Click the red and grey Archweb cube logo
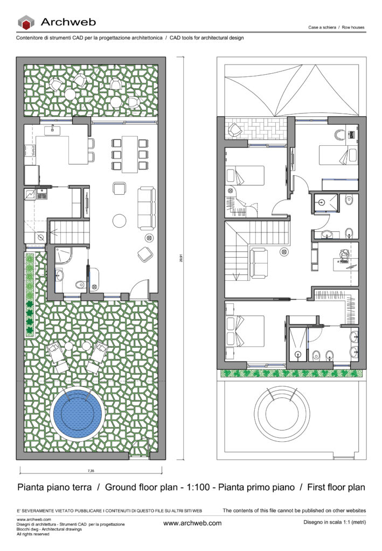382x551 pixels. pyautogui.click(x=26, y=22)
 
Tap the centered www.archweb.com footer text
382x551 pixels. pyautogui.click(x=192, y=523)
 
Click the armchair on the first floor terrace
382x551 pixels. pyautogui.click(x=235, y=130)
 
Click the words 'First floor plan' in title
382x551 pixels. pyautogui.click(x=336, y=488)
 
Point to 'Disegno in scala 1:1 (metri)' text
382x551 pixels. pyautogui.click(x=335, y=523)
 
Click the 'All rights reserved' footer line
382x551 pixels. pyautogui.click(x=33, y=534)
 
